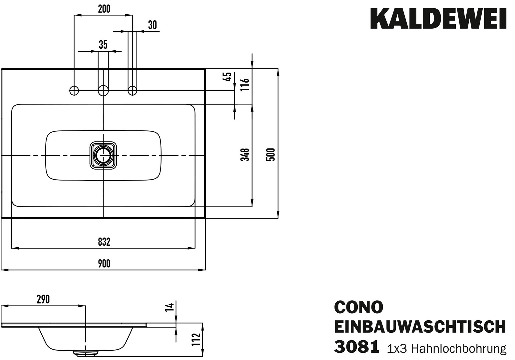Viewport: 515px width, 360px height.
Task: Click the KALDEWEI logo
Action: [438, 19]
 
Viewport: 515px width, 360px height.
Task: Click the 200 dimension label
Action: [104, 9]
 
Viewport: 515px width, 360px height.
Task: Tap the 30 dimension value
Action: [152, 25]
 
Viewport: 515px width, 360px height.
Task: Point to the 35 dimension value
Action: [103, 45]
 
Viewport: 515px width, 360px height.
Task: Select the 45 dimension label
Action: [228, 77]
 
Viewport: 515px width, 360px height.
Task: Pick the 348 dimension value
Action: [246, 155]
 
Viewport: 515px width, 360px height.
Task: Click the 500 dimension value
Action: [271, 155]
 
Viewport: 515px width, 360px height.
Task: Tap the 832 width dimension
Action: [104, 242]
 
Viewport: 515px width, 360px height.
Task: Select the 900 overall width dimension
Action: [104, 264]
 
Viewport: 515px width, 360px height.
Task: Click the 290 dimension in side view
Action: [43, 299]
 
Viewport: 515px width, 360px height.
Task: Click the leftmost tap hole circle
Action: [74, 90]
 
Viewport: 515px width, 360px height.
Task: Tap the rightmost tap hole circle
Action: [133, 90]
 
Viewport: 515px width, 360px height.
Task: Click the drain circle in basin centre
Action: [103, 155]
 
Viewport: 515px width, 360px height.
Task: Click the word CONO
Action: [358, 307]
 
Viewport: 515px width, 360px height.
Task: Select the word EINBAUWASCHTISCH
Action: [420, 327]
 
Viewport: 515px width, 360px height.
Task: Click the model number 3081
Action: [356, 346]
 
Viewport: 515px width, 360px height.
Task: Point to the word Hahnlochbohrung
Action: [459, 348]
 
